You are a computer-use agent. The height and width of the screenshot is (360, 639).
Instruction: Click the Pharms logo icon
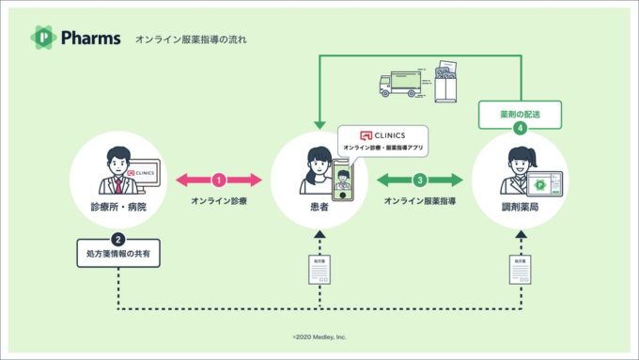[42, 37]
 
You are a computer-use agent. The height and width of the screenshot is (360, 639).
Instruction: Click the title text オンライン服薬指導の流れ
[191, 39]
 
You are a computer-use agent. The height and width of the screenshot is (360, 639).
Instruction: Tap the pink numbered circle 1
[218, 179]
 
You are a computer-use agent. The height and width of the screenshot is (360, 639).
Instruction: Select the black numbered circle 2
[117, 239]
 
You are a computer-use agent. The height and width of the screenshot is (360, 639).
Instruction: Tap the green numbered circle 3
[420, 179]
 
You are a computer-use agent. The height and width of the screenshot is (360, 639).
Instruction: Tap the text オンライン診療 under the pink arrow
[218, 200]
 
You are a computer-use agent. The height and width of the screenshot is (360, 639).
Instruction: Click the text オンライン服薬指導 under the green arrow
[420, 200]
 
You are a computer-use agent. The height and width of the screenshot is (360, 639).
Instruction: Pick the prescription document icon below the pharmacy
[521, 270]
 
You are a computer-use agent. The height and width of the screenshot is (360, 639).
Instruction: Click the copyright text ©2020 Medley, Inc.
[319, 336]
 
